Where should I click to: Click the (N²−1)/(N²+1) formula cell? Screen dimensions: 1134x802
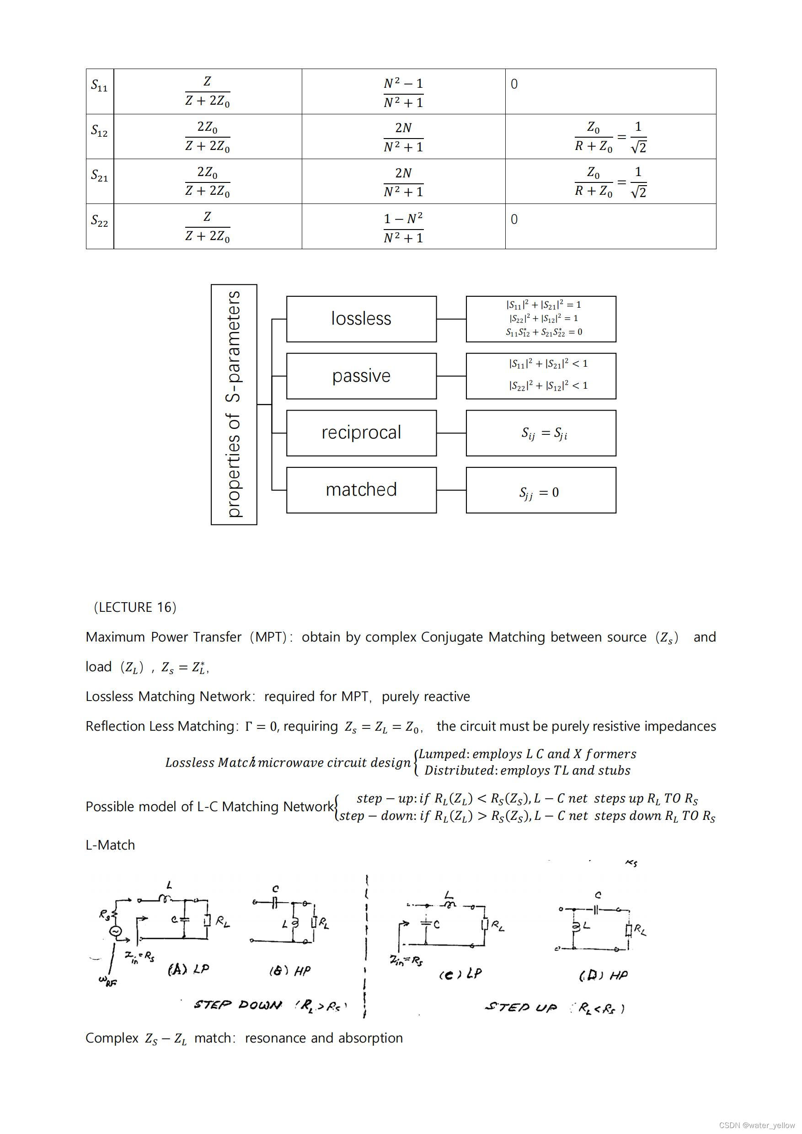[x=403, y=92]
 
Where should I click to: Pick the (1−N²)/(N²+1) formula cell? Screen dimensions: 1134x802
[x=403, y=228]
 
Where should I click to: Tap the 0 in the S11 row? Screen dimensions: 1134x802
[x=514, y=84]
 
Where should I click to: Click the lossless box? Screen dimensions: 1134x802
[x=361, y=319]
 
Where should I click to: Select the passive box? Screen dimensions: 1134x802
[x=361, y=376]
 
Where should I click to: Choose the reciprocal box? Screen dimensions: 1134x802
[x=361, y=433]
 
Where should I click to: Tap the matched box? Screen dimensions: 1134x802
[x=361, y=490]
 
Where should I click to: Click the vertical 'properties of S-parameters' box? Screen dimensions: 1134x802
[x=234, y=404]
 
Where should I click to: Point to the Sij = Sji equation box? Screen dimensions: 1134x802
[x=541, y=433]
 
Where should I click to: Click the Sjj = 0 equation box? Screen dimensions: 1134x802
[x=541, y=491]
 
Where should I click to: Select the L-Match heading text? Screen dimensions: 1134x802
[x=110, y=845]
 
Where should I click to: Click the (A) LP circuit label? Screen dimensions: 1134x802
[x=188, y=969]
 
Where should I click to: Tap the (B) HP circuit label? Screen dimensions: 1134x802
[x=289, y=971]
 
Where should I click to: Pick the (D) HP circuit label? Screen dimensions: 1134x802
[x=603, y=975]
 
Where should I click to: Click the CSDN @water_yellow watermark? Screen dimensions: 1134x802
[x=757, y=1125]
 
